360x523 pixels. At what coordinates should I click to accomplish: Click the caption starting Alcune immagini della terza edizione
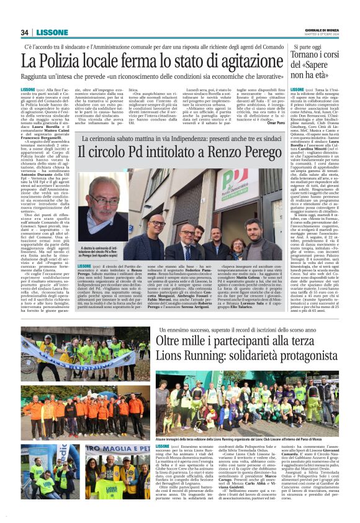pos(248,439)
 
